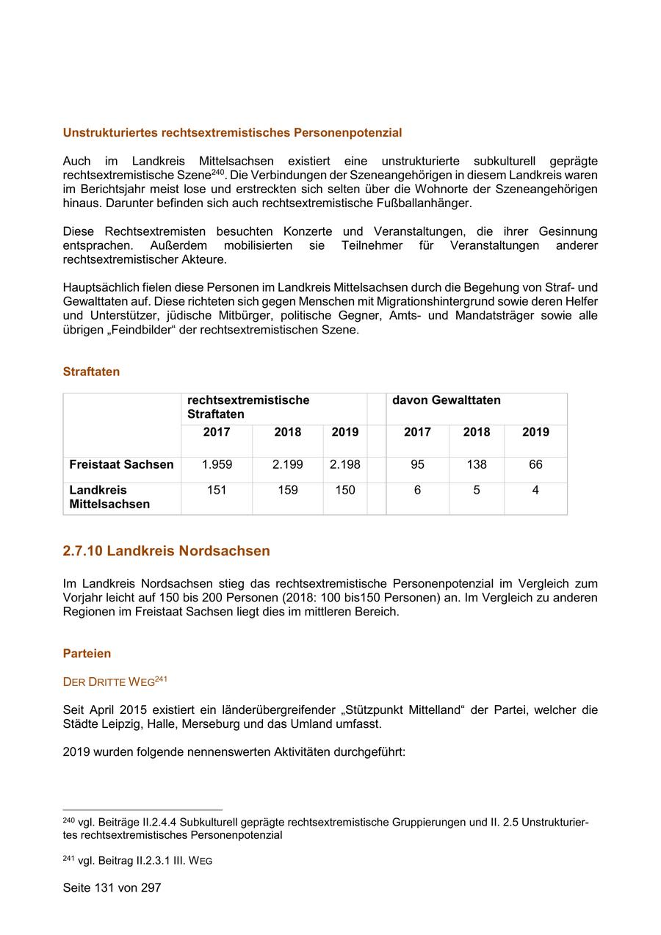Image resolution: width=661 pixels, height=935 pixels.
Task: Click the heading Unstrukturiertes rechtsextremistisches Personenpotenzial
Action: tap(232, 133)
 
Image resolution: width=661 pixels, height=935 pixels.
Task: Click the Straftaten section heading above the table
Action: tap(91, 372)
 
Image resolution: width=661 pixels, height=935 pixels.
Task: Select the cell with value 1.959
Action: tap(217, 464)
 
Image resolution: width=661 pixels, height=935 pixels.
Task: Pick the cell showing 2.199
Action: tap(287, 464)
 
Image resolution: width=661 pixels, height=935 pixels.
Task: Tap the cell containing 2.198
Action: tap(345, 464)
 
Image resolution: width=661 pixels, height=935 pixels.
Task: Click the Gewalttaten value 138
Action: tap(477, 464)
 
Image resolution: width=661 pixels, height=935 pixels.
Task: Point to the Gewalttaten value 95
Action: tap(417, 464)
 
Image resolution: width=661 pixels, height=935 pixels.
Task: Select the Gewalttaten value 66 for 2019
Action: tap(535, 464)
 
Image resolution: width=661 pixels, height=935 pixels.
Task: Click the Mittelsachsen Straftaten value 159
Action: tap(287, 490)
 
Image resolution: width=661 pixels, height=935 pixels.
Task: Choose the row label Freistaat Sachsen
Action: tap(121, 464)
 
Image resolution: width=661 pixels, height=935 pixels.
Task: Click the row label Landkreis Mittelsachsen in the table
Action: tap(109, 497)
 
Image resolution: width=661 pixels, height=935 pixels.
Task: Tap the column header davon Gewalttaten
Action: tap(447, 400)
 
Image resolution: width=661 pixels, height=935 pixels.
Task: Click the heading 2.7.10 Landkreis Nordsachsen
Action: tap(166, 551)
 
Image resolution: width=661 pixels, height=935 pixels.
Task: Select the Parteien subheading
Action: tap(87, 653)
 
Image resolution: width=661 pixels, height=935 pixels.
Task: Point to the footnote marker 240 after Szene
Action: tap(217, 172)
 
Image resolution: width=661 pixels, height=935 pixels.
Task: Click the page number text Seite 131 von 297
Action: tap(112, 887)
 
